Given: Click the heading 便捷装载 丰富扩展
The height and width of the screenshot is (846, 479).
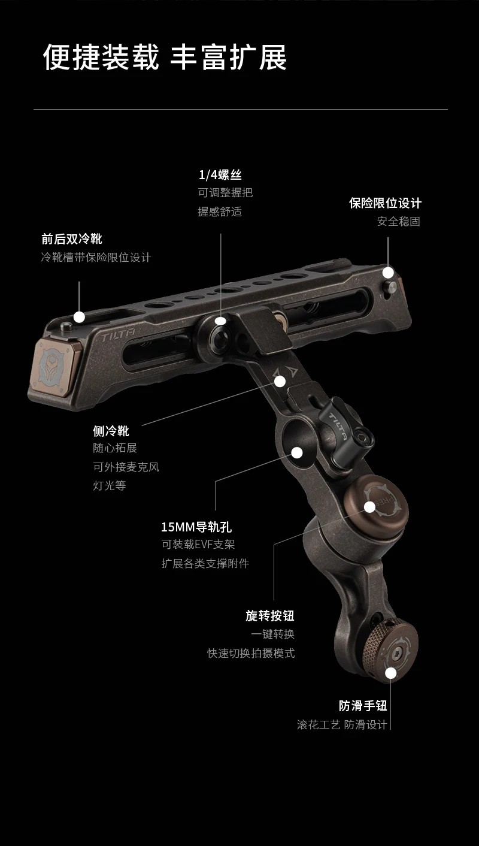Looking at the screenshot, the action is pyautogui.click(x=165, y=58).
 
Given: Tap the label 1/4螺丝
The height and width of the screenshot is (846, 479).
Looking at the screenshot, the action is pyautogui.click(x=220, y=174).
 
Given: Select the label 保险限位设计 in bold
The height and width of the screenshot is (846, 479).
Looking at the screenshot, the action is pyautogui.click(x=385, y=203).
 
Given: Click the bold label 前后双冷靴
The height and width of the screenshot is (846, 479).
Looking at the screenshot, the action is pyautogui.click(x=72, y=238).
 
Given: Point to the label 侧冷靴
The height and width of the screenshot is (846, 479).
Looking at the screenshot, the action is pyautogui.click(x=111, y=430).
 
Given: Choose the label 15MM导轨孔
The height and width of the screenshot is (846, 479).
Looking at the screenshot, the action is pyautogui.click(x=196, y=527).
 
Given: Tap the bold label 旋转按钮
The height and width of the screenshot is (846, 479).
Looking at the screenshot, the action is pyautogui.click(x=270, y=615).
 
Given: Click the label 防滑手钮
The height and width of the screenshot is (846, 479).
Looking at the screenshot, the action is pyautogui.click(x=363, y=705).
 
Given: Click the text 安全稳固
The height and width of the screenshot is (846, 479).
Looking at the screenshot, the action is pyautogui.click(x=398, y=221).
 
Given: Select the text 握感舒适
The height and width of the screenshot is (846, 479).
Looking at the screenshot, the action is pyautogui.click(x=220, y=211).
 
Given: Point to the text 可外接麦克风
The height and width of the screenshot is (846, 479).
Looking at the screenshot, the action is pyautogui.click(x=126, y=467).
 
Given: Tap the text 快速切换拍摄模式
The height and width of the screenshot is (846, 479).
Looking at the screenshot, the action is pyautogui.click(x=251, y=652).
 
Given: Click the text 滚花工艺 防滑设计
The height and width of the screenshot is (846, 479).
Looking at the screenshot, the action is pyautogui.click(x=342, y=724).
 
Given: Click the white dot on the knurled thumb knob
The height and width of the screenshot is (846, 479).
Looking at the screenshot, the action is pyautogui.click(x=391, y=673).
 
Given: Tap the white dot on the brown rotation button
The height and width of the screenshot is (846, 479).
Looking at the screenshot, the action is pyautogui.click(x=370, y=507).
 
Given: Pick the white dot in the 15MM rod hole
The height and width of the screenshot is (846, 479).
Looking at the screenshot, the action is pyautogui.click(x=296, y=451).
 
